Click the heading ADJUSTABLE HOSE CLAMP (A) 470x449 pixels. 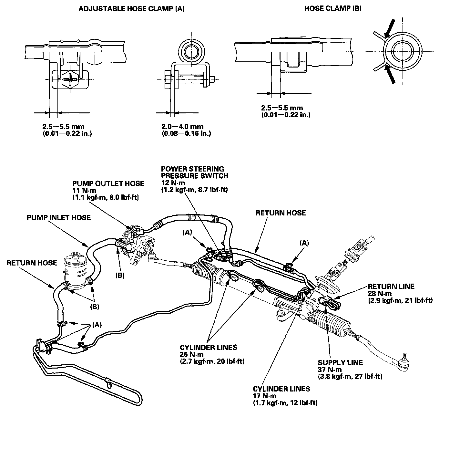pyautogui.click(x=131, y=9)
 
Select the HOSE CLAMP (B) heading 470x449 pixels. pyautogui.click(x=333, y=9)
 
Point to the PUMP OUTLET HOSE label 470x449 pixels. pyautogui.click(x=108, y=183)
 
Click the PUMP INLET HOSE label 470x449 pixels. pyautogui.click(x=59, y=217)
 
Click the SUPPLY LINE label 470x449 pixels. pyautogui.click(x=340, y=362)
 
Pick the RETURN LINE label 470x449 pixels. pyautogui.click(x=391, y=286)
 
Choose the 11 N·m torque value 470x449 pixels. pyautogui.click(x=83, y=191)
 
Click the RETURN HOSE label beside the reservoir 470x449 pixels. pyautogui.click(x=32, y=263)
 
